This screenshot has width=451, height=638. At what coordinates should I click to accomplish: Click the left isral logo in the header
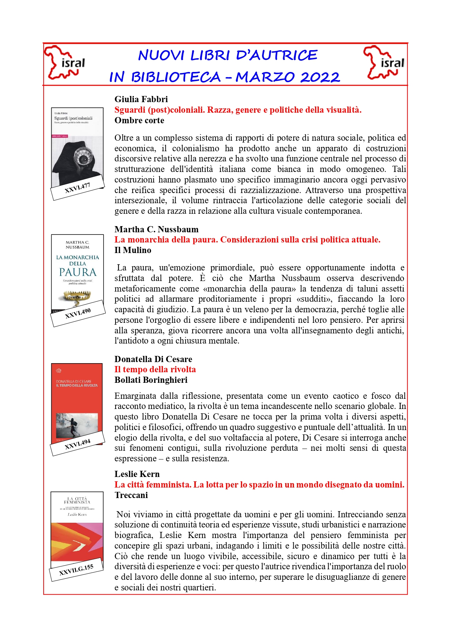pyautogui.click(x=64, y=63)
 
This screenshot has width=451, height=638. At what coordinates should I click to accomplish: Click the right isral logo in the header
pyautogui.click(x=384, y=63)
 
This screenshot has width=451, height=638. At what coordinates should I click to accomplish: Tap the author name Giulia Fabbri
pyautogui.click(x=141, y=99)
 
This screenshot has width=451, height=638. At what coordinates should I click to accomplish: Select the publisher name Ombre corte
pyautogui.click(x=139, y=120)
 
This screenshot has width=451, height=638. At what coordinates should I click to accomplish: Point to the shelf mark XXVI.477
pyautogui.click(x=77, y=188)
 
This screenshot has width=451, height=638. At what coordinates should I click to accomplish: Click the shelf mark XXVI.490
pyautogui.click(x=78, y=313)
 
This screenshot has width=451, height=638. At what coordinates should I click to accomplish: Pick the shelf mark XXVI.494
pyautogui.click(x=77, y=444)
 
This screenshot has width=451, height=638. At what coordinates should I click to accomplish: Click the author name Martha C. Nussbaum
pyautogui.click(x=156, y=229)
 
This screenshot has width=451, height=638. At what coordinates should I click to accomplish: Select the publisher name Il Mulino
pyautogui.click(x=133, y=250)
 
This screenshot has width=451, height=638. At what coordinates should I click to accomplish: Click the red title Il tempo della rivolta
pyautogui.click(x=155, y=369)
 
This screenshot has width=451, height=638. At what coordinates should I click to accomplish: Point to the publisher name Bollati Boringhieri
pyautogui.click(x=151, y=380)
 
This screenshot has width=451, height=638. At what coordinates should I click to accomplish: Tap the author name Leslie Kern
pyautogui.click(x=137, y=474)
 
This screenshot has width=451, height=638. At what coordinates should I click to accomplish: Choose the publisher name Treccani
pyautogui.click(x=131, y=495)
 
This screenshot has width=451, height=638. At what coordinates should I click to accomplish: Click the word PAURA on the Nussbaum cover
pyautogui.click(x=78, y=272)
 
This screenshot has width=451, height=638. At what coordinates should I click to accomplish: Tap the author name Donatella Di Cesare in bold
pyautogui.click(x=153, y=359)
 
